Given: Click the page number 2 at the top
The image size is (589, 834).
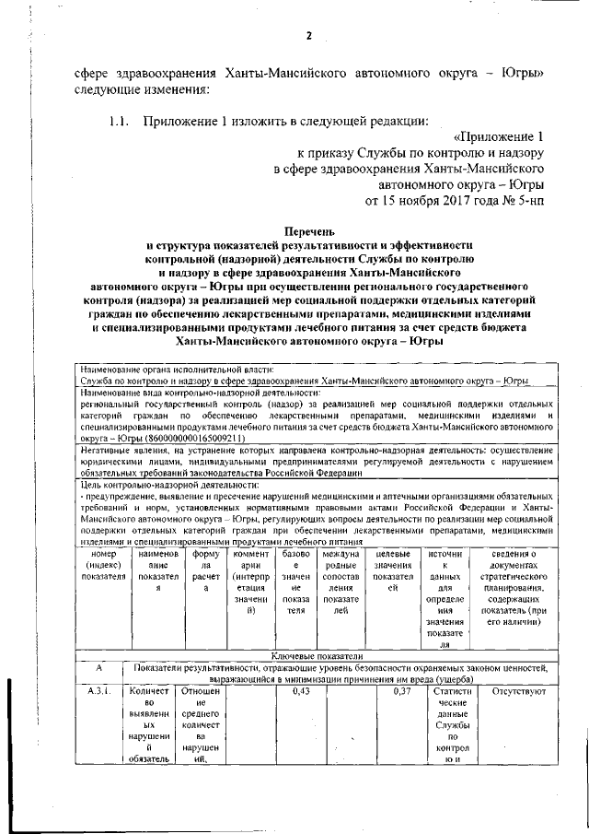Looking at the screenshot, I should pyautogui.click(x=309, y=36).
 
